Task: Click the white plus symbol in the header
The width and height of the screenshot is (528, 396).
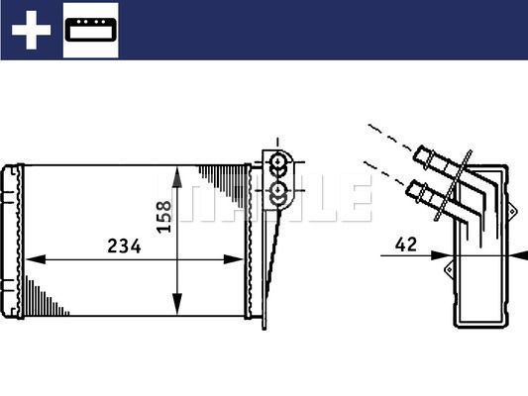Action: point(31,31)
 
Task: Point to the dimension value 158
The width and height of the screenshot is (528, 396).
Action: point(164,213)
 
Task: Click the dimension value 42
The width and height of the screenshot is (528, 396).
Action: point(404,243)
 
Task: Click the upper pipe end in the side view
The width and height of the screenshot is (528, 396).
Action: point(428,155)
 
